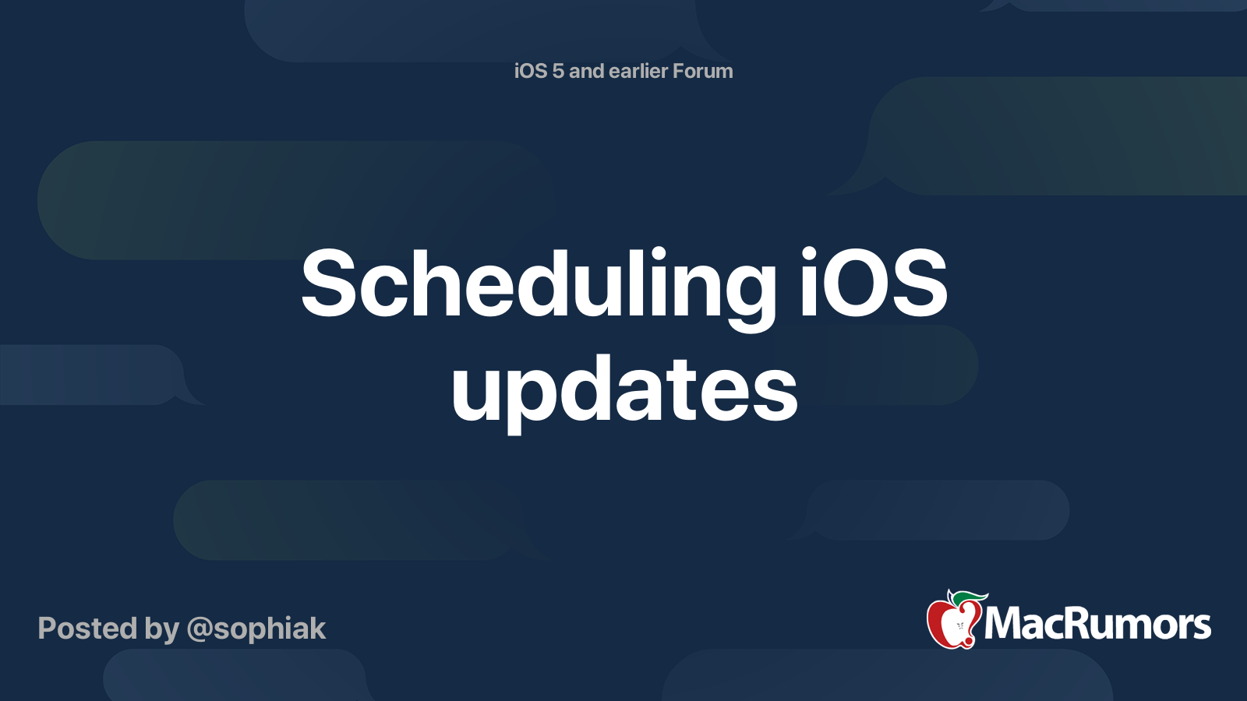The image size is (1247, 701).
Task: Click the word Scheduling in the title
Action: coord(538,285)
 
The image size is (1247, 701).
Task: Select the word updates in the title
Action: coord(624,389)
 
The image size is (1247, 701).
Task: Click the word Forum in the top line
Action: coord(702,72)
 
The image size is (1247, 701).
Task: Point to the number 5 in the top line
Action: coord(557,72)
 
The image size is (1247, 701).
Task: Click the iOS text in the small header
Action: coord(531,72)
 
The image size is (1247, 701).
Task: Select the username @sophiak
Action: coord(256,629)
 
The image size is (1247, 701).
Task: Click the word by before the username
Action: coord(161,629)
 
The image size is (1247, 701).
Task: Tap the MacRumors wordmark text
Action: coord(1097,625)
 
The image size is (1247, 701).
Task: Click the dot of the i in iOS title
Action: coord(809,253)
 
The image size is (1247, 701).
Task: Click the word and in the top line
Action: coord(587,72)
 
